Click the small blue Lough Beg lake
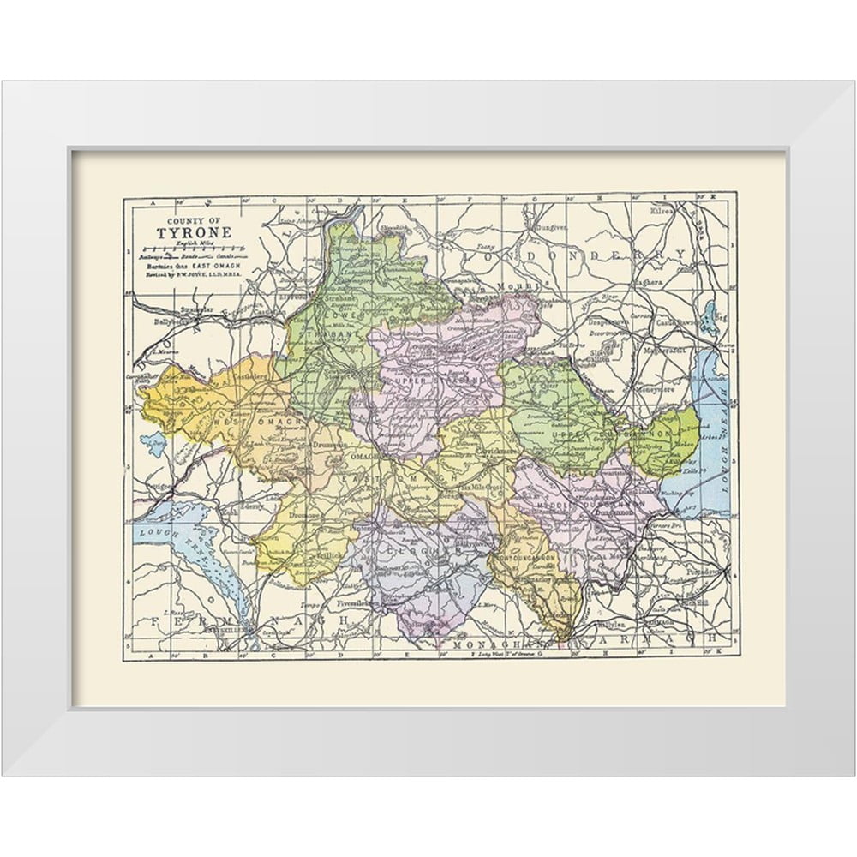point(708,317)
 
